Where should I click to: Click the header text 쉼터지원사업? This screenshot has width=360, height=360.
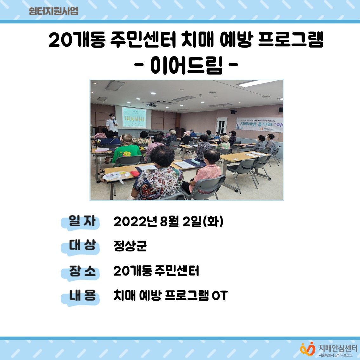[x=53, y=11]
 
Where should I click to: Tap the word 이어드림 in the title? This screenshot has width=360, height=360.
[x=186, y=66]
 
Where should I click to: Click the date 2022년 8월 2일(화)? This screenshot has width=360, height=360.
[x=168, y=222]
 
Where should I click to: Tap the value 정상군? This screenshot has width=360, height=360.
[x=130, y=246]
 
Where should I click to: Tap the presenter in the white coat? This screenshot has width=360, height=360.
[x=112, y=124]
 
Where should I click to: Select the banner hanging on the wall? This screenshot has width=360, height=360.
[x=259, y=124]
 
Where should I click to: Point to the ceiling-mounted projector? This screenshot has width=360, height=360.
[x=151, y=104]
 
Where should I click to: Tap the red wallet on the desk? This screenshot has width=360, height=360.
[x=135, y=173]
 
